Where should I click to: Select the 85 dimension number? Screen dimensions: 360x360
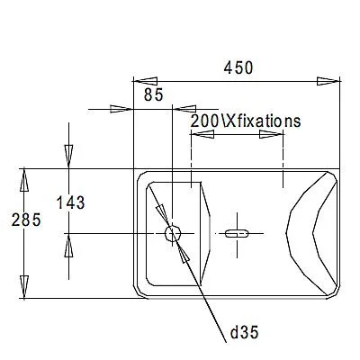153,94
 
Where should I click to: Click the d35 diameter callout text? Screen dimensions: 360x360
244,333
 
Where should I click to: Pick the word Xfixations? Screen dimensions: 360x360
262,119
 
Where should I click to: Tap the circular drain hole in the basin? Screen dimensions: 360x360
173,234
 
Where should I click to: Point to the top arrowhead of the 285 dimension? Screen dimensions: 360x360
26,178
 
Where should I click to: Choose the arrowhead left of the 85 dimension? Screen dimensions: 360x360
122,109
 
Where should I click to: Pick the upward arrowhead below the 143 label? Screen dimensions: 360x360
67,245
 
